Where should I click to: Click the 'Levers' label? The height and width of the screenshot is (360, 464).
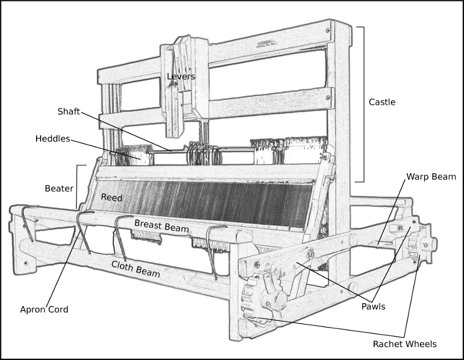[x=181, y=77]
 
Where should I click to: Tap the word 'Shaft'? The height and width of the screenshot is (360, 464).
[x=68, y=111]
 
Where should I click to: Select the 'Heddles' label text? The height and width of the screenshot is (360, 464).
[x=53, y=139]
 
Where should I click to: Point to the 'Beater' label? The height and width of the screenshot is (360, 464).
[x=59, y=188]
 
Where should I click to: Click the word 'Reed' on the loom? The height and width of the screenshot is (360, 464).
[x=111, y=198]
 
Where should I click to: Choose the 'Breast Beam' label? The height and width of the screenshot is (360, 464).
[x=162, y=226]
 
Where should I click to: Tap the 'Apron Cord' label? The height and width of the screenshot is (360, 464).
[x=44, y=310]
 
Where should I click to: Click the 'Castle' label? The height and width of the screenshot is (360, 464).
[x=382, y=102]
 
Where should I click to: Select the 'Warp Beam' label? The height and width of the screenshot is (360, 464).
[x=431, y=176]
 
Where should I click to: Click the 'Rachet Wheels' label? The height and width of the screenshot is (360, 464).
[x=404, y=344]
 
